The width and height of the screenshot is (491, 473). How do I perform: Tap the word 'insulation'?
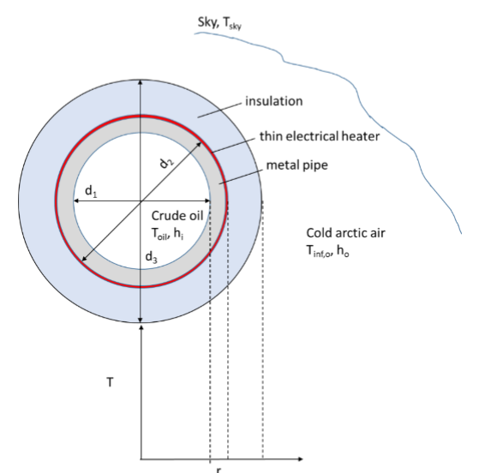pos(273,101)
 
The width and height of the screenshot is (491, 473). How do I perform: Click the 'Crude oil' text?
pos(176,217)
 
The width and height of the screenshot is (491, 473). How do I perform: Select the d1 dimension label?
pos(90,192)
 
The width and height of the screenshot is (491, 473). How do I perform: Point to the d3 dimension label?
pos(151,256)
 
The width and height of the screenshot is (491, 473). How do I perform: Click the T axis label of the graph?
pos(109,382)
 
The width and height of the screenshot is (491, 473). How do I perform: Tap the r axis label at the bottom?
pos(219,469)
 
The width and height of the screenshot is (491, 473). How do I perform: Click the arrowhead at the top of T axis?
pos(140,327)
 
